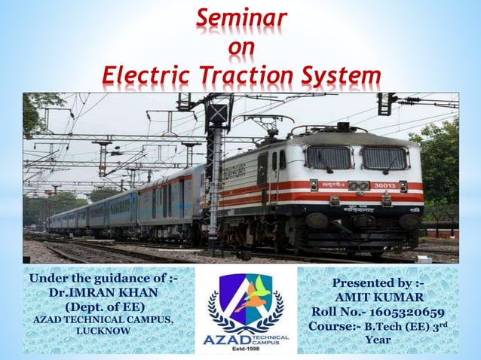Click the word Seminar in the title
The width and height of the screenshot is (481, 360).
click(241, 17)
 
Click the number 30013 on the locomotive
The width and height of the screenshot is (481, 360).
click(384, 185)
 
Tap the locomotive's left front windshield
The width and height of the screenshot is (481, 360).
click(329, 157)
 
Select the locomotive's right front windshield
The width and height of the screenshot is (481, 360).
click(384, 157)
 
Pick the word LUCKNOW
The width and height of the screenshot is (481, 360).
click(100, 329)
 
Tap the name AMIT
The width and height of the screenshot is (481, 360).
click(356, 297)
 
